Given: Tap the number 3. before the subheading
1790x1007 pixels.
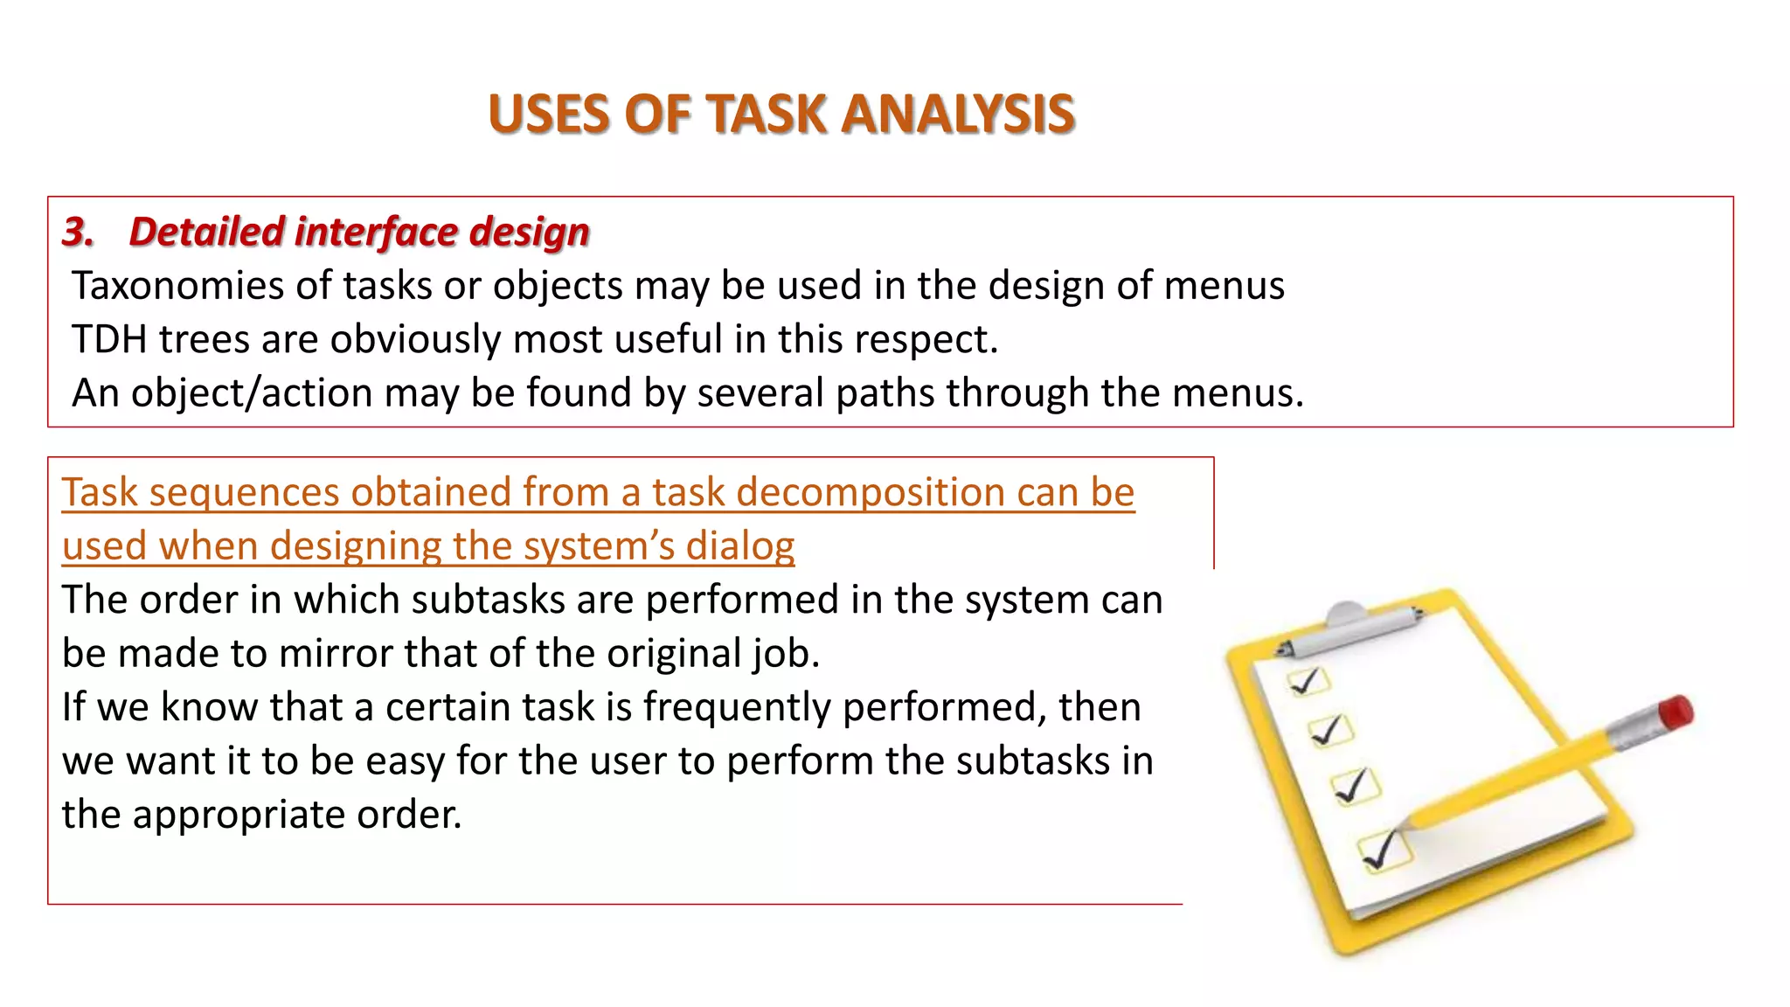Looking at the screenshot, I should click(78, 232).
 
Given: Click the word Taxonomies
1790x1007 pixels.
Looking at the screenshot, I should click(178, 286).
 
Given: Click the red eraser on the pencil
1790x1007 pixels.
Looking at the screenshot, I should click(1676, 712).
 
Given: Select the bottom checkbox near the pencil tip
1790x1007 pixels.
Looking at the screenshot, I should click(1384, 850).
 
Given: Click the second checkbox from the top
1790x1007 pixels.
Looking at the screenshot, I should click(1331, 730).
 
